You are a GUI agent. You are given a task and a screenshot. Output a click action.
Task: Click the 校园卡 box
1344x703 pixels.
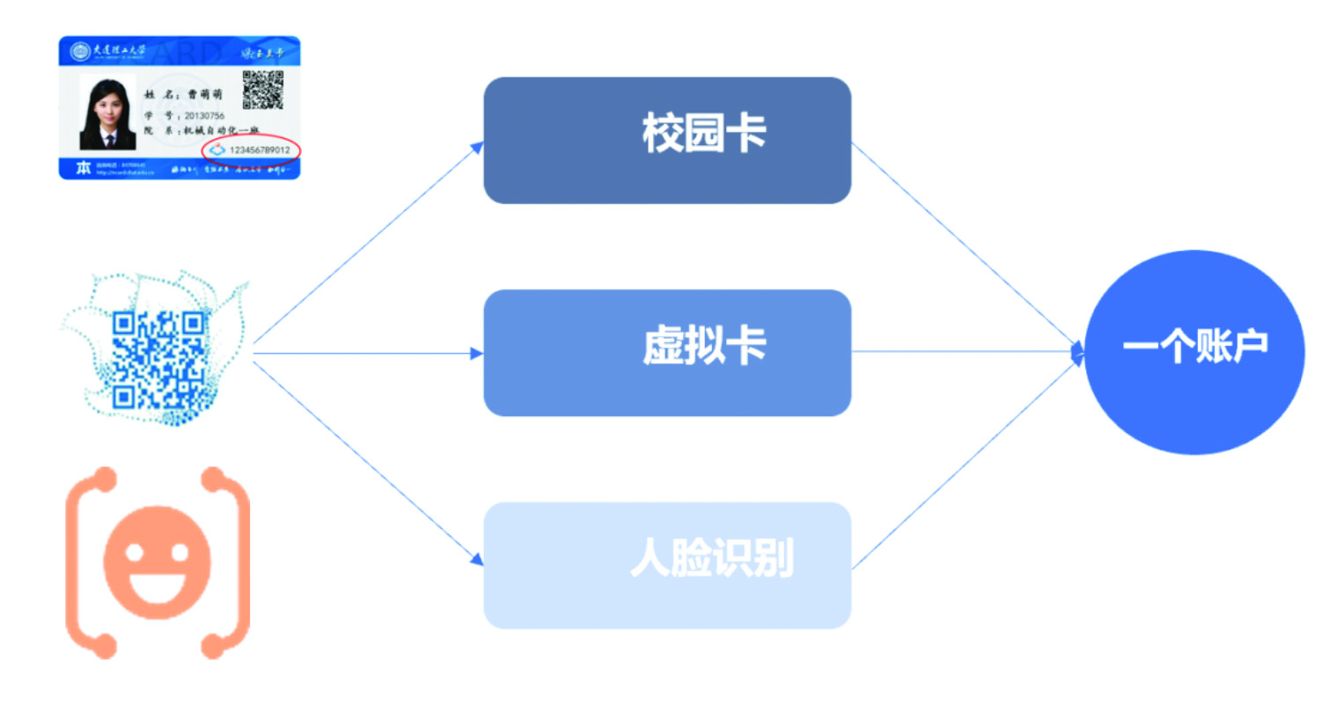point(667,140)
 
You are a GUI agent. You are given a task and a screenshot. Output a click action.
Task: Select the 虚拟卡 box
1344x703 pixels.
point(667,352)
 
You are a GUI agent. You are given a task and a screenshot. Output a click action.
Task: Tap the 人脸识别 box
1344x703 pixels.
point(667,565)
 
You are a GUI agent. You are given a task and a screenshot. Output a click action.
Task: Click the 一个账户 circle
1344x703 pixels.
point(1193,352)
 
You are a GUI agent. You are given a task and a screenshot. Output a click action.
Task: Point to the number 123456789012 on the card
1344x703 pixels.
point(260,150)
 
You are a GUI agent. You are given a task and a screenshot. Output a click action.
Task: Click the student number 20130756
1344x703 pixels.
point(204,115)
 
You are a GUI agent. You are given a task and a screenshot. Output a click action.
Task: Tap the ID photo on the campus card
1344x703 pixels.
point(107,113)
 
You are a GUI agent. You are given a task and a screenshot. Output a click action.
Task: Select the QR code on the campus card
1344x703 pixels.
point(262,90)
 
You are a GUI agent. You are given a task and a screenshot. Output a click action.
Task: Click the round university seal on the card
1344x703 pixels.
point(81,51)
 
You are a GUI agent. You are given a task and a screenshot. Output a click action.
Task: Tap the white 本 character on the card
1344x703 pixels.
point(83,168)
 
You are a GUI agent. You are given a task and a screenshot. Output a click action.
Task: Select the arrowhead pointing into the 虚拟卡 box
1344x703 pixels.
point(477,354)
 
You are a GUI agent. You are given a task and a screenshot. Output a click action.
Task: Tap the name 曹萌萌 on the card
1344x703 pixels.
point(205,94)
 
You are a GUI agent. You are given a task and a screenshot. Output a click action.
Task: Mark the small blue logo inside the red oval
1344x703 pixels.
point(217,150)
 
